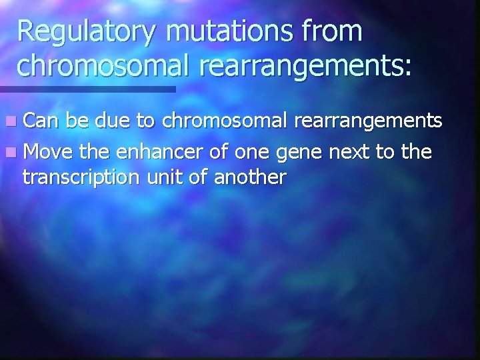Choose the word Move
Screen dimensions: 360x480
(47, 153)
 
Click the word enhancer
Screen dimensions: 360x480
(149, 153)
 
